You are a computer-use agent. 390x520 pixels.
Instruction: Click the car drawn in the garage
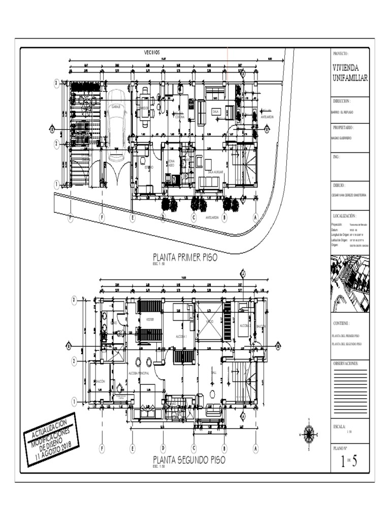(116, 117)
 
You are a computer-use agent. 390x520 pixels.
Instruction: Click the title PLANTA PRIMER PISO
(185, 257)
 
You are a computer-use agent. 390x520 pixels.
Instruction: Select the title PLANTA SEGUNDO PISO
(189, 460)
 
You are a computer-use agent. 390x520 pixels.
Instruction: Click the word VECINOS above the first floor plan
(151, 52)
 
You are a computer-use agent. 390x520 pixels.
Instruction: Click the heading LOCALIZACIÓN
(348, 215)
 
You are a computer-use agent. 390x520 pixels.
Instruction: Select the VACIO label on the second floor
(210, 322)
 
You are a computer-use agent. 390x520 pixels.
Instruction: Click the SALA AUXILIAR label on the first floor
(212, 172)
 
